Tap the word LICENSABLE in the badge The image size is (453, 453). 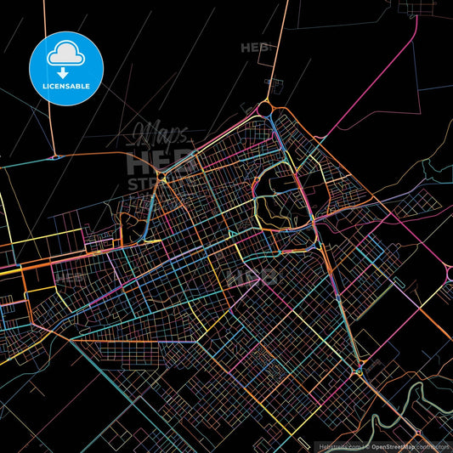click(66, 86)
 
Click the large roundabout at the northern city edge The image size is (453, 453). click(264, 109)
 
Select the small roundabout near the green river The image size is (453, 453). click(360, 371)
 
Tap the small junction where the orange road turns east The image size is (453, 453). click(54, 157)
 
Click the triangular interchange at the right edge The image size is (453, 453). click(448, 272)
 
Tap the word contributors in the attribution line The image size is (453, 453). click(435, 445)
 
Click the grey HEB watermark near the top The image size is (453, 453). click(255, 48)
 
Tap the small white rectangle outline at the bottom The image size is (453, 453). click(303, 440)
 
